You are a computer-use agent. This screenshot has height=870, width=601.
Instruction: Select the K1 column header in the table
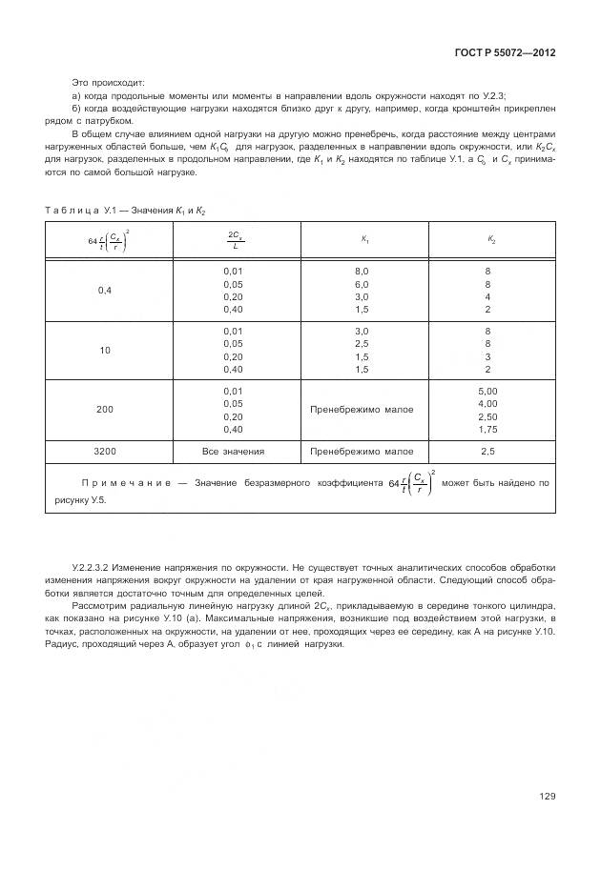365,240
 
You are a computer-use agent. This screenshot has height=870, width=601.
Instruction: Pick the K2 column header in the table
491,240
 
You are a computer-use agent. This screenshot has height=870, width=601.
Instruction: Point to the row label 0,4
105,291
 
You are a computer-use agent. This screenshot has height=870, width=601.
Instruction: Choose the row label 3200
105,451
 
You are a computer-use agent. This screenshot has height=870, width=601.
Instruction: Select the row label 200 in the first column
105,409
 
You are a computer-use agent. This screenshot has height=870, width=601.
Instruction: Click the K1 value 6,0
362,284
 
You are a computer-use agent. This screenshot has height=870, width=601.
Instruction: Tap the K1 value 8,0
362,271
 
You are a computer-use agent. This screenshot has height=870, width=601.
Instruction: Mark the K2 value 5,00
487,391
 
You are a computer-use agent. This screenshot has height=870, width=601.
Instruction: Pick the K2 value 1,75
487,430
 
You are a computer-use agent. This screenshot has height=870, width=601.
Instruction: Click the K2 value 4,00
487,403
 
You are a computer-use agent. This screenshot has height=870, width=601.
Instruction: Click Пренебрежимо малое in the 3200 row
362,451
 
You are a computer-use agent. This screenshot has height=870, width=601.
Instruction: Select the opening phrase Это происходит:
108,83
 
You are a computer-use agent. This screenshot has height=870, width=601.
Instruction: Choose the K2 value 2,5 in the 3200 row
487,451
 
